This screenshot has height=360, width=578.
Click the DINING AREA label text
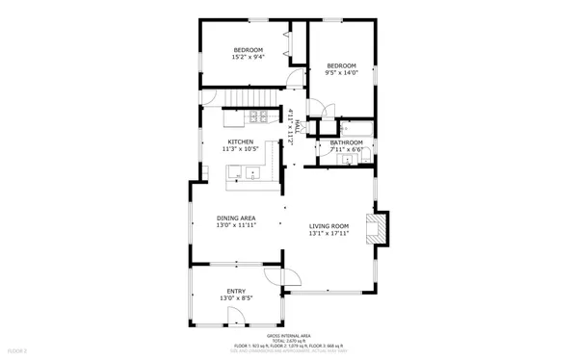[x=235, y=219]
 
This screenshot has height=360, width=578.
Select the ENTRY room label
[x=236, y=291]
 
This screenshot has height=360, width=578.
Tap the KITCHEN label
[x=241, y=141]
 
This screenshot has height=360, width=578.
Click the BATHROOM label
[x=346, y=142]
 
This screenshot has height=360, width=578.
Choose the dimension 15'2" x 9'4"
[x=248, y=57]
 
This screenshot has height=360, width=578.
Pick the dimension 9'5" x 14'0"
[x=342, y=72]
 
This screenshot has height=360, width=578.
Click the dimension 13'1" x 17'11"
[x=328, y=233]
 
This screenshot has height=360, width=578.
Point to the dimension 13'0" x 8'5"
[x=236, y=298]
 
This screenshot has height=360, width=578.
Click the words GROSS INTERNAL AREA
[x=288, y=334]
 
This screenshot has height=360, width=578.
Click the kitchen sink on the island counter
[x=250, y=174]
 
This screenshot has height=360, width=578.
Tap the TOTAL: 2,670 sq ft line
[x=288, y=339]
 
